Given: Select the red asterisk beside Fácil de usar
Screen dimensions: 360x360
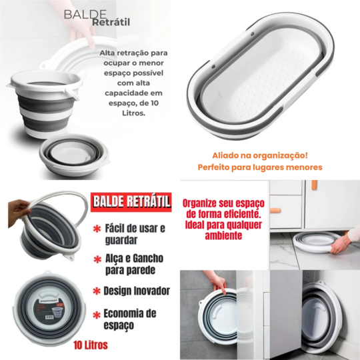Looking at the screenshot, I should point(97,229).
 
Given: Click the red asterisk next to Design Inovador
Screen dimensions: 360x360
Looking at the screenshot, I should point(97,291).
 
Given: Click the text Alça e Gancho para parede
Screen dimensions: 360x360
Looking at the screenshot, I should point(135,265).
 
